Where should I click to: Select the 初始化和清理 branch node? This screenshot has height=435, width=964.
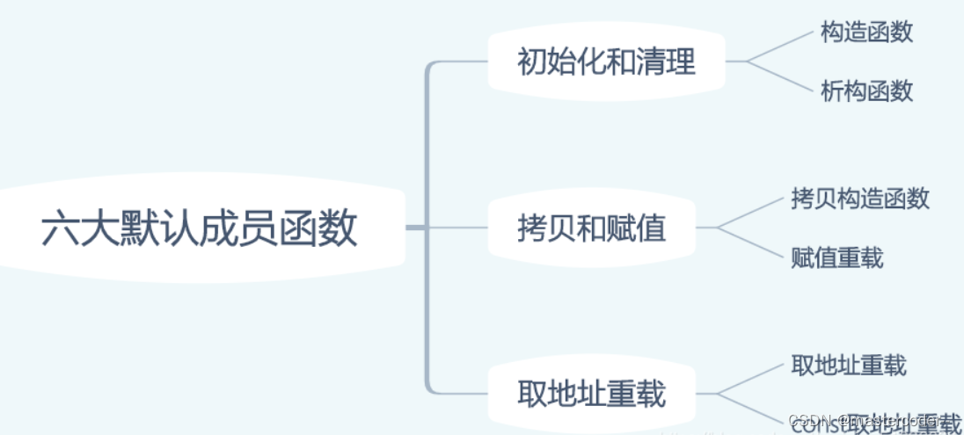(606, 62)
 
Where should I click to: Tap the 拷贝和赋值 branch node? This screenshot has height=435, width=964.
(591, 228)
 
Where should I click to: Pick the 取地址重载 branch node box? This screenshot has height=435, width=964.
(591, 394)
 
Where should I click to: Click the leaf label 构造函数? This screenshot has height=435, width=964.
(866, 33)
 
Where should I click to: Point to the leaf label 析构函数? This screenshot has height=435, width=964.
(866, 91)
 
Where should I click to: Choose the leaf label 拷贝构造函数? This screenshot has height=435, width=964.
(859, 198)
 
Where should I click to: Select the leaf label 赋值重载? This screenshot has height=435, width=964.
(836, 257)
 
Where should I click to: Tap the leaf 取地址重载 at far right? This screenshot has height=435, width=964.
(848, 365)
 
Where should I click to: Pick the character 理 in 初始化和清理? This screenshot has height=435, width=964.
(680, 62)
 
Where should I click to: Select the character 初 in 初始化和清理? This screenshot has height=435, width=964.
(532, 62)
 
